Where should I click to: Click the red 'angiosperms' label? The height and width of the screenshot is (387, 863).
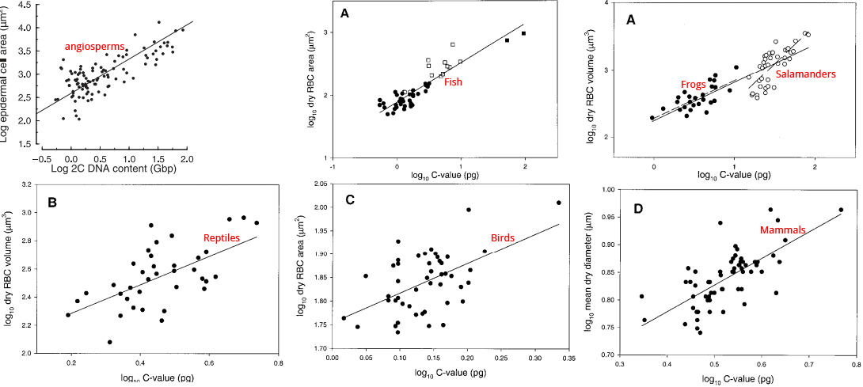[x=94, y=47]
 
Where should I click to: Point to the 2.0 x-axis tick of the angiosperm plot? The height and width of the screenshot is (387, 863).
[x=187, y=158]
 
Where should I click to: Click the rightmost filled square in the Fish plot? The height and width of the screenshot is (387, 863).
[x=523, y=33]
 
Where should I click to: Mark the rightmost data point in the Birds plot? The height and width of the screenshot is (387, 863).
[x=559, y=203]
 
